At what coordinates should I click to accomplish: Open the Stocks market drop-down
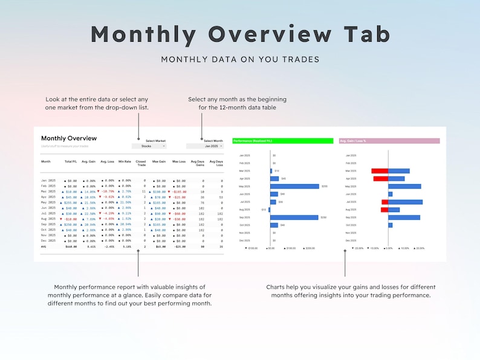149,146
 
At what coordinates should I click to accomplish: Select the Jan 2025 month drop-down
205,146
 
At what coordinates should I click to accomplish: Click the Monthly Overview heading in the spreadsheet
69,138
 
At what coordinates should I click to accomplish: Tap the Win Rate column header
125,162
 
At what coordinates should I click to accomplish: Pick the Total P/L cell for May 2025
71,202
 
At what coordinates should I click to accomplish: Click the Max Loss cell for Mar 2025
178,191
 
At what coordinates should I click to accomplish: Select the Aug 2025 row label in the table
48,219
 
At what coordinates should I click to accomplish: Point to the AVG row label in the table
44,246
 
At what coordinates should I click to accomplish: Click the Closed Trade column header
141,163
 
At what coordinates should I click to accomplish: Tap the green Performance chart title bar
282,141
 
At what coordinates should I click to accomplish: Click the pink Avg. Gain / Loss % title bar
389,141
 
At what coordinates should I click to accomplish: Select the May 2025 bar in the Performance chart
295,186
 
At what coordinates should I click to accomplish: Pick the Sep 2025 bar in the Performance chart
294,217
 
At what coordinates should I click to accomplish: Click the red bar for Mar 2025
380,171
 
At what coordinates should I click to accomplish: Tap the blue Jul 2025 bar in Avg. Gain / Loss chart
405,202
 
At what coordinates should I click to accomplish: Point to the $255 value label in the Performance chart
324,187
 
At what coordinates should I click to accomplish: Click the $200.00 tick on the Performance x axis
310,248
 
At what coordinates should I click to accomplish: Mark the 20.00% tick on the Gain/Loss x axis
420,248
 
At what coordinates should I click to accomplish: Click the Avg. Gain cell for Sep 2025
89,224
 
